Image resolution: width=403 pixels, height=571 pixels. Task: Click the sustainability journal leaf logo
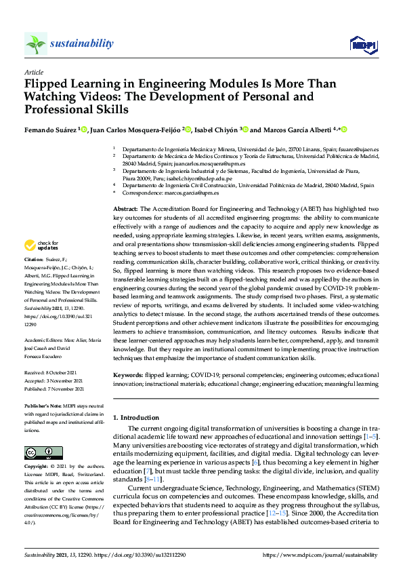[35, 43]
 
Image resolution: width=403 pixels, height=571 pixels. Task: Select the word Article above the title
[34, 72]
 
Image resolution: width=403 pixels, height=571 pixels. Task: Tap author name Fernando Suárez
[51, 129]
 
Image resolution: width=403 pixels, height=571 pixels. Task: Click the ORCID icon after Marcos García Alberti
[343, 129]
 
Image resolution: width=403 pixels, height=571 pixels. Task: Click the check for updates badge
[41, 245]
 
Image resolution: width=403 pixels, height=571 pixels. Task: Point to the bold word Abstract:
[125, 209]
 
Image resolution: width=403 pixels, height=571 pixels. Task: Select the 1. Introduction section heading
[135, 418]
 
